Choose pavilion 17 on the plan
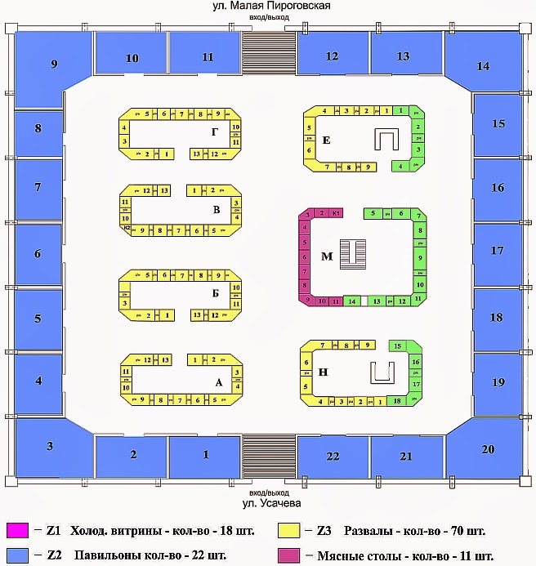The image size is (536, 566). pyautogui.click(x=497, y=252)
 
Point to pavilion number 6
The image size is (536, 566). pyautogui.click(x=38, y=254)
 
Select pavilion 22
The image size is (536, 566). pyautogui.click(x=332, y=456)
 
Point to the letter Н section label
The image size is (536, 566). pyautogui.click(x=324, y=372)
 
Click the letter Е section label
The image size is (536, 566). pyautogui.click(x=326, y=140)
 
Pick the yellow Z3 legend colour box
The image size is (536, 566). pyautogui.click(x=288, y=530)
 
